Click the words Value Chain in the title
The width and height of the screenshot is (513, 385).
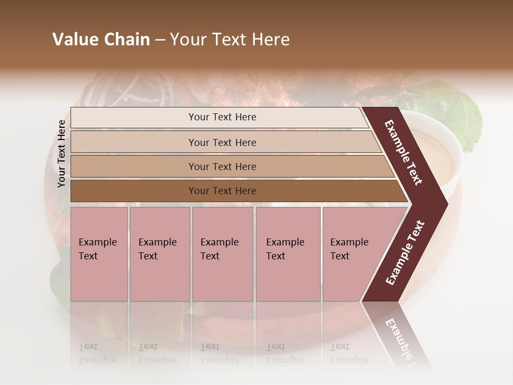(101, 40)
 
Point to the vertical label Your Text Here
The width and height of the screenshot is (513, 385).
(61, 153)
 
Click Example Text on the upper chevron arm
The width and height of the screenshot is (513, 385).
(404, 152)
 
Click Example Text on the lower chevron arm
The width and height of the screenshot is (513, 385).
(405, 253)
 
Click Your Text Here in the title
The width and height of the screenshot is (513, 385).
(230, 40)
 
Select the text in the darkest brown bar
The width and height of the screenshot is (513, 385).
(222, 191)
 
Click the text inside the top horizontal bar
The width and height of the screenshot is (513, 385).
(222, 117)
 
